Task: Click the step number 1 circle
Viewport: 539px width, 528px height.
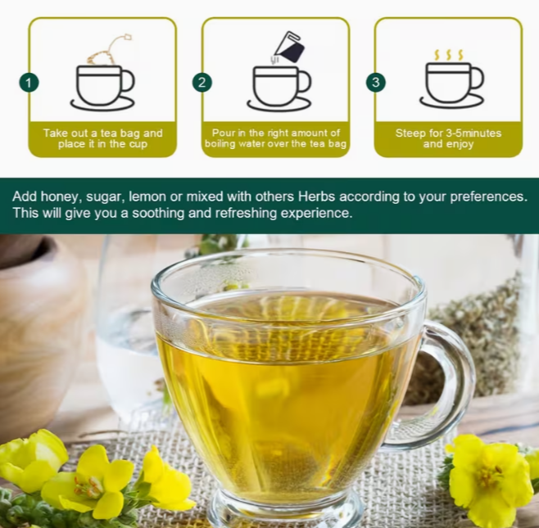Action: point(29,83)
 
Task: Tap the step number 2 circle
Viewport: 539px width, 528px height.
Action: point(202,83)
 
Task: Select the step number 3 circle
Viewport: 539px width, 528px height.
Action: point(375,83)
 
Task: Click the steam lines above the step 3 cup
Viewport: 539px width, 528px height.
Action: point(449,54)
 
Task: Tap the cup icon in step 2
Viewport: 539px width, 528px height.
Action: point(279,87)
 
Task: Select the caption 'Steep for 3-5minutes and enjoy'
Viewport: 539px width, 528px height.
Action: point(448,138)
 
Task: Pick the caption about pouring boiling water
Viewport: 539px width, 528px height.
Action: point(276,138)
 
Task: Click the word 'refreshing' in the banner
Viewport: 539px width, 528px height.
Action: point(239,214)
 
